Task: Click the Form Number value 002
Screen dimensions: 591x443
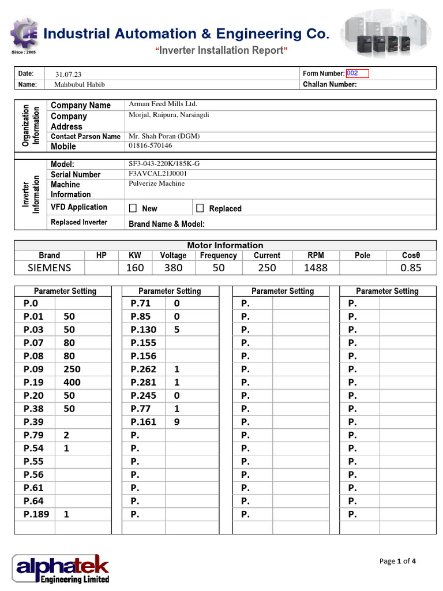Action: tap(353, 73)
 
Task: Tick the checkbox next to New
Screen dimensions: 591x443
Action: tap(133, 208)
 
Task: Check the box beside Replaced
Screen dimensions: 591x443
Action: tap(200, 208)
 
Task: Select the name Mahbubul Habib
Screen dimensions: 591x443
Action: tap(80, 84)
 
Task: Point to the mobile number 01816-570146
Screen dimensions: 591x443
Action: tap(150, 146)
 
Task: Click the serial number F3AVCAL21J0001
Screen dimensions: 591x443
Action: tap(158, 174)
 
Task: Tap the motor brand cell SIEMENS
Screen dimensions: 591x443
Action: tap(50, 268)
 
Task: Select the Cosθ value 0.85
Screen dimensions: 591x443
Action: tap(411, 268)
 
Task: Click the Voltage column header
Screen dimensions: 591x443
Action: tap(173, 255)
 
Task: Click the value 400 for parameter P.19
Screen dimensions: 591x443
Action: tap(72, 382)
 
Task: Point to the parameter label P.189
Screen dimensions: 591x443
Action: tap(36, 514)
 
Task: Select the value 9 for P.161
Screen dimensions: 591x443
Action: tap(177, 422)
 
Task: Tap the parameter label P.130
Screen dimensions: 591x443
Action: tap(144, 330)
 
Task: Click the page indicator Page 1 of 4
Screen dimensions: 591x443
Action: tap(397, 561)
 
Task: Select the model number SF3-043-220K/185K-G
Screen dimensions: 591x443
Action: tap(164, 163)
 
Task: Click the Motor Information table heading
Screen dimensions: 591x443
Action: tap(225, 245)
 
